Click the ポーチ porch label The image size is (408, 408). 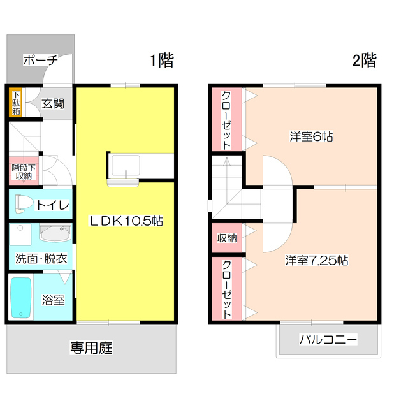[x=40, y=61]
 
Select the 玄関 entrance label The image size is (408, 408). [x=54, y=103]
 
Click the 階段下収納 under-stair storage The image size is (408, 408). [x=24, y=171]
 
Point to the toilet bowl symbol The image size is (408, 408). [x=24, y=203]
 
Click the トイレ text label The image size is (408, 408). [x=53, y=205]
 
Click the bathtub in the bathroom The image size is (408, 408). [x=21, y=298]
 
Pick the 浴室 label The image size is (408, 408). [x=54, y=300]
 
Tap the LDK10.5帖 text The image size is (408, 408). [x=125, y=221]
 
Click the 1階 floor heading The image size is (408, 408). [x=162, y=61]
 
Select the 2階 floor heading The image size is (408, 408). [x=364, y=61]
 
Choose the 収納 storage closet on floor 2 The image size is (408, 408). [x=227, y=238]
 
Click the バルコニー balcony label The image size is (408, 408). [x=328, y=340]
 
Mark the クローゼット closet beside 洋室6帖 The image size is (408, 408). [x=227, y=120]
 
